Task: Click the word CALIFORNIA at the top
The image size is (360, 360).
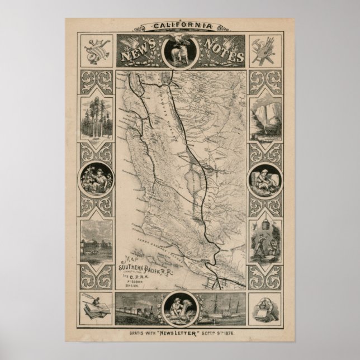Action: tap(179, 26)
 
